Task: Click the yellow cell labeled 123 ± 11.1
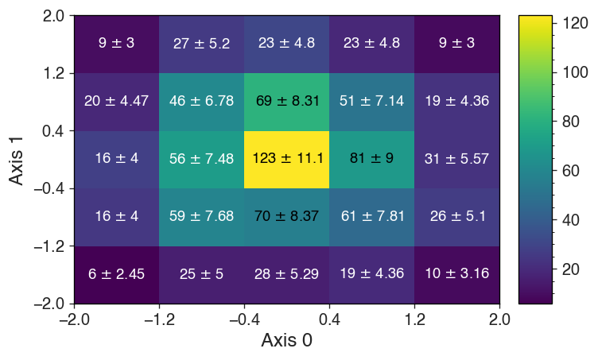[286, 159]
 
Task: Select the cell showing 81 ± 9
[371, 159]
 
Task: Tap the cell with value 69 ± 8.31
[286, 101]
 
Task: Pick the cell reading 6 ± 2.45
[117, 274]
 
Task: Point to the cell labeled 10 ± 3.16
[456, 274]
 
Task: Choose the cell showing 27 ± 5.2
[202, 44]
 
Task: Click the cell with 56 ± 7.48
[202, 159]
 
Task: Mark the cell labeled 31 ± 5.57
[456, 159]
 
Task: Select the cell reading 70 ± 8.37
[286, 216]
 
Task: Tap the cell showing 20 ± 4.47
[117, 101]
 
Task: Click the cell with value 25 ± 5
[202, 274]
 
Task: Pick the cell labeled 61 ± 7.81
[371, 216]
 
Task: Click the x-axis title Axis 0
[286, 341]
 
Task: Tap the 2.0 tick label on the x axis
[499, 319]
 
